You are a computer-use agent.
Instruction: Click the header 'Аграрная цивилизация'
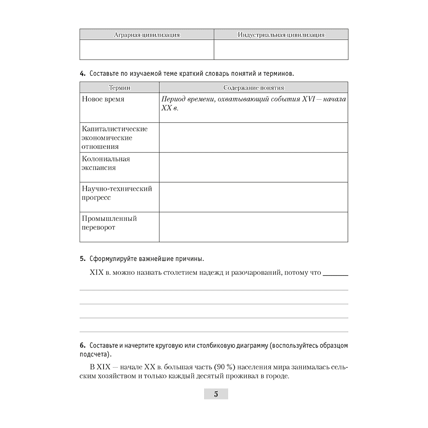[147, 35]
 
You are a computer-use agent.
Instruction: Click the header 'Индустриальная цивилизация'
[281, 35]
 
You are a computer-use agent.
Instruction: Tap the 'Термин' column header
[119, 88]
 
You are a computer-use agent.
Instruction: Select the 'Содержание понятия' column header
[253, 88]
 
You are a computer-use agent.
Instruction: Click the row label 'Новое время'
[103, 99]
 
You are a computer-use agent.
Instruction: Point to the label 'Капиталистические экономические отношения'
[115, 138]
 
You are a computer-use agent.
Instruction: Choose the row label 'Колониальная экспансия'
[106, 163]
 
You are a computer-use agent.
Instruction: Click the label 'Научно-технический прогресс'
[117, 193]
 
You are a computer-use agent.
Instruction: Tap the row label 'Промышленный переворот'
[109, 223]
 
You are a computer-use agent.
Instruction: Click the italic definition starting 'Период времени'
[253, 104]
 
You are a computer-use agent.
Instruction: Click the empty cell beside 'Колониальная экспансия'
[253, 167]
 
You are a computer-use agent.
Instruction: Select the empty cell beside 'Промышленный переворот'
[253, 227]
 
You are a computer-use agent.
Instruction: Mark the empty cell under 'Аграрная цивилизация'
[147, 50]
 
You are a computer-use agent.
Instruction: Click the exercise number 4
[82, 74]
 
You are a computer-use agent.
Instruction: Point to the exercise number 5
[82, 259]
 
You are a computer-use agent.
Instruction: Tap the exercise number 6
[82, 345]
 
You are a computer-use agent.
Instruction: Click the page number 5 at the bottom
[216, 394]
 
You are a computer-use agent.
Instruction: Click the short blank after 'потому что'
[335, 274]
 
